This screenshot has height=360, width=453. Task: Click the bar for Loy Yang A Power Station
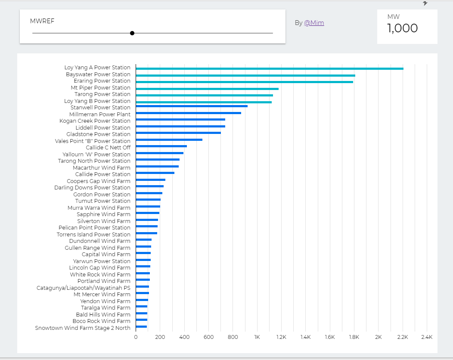coord(269,68)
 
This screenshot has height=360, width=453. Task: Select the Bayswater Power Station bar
coord(245,75)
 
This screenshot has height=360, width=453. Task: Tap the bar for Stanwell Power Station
coord(192,106)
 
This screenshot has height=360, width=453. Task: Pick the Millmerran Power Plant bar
coord(188,113)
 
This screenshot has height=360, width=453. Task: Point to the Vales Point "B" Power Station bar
coord(169,140)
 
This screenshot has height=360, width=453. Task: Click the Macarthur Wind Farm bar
coord(157,166)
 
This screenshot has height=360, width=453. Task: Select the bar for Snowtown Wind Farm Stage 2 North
coord(141,326)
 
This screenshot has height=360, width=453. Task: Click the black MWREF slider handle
coord(132,33)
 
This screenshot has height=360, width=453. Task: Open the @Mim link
coord(314,23)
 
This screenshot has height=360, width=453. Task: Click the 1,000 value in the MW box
coord(402,28)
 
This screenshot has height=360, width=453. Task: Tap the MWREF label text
coord(42,21)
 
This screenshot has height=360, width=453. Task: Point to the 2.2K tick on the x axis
coord(403,337)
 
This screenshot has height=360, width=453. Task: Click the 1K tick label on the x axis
coord(257,337)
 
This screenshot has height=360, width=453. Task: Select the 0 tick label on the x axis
coord(136,337)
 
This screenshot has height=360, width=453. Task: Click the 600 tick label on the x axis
coord(208,337)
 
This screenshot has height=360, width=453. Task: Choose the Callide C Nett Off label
coord(108,147)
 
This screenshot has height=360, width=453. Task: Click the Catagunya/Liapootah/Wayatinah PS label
coord(84,288)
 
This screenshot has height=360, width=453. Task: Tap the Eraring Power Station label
coord(102,81)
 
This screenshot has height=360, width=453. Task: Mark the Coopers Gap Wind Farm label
coord(99,181)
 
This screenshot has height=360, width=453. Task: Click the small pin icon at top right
coord(425,3)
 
